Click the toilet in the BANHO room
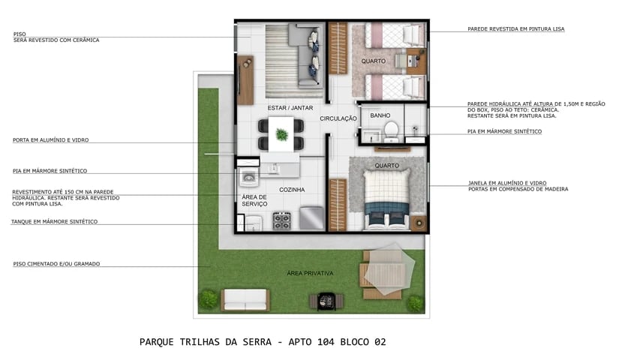tap(390, 130)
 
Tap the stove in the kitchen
tap(281, 220)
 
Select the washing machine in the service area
tap(248, 178)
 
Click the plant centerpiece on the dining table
tap(281, 135)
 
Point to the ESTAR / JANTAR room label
tap(290, 108)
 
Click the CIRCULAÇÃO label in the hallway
tap(338, 118)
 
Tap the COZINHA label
tap(292, 190)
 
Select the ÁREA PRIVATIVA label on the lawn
tap(310, 273)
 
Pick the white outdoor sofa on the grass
tap(245, 299)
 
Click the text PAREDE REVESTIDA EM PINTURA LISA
tap(515, 29)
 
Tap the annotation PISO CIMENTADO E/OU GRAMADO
tap(56, 263)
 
